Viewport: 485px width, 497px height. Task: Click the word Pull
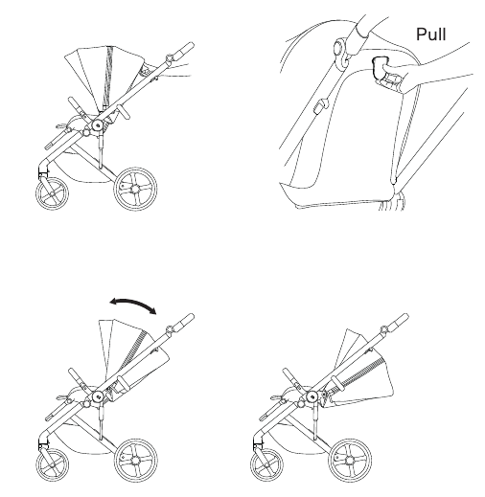click(x=431, y=34)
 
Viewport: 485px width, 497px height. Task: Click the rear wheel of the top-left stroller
click(x=135, y=189)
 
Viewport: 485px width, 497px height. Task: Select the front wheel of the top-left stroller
click(x=52, y=193)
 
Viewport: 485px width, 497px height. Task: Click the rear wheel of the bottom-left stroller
click(x=135, y=461)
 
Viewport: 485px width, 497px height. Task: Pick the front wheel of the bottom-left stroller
click(x=52, y=465)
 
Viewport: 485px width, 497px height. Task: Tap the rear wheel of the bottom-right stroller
click(x=350, y=461)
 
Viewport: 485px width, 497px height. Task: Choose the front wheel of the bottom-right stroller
click(x=266, y=465)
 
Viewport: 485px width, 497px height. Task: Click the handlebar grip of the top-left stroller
click(x=184, y=50)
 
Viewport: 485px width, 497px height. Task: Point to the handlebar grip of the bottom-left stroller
click(x=184, y=322)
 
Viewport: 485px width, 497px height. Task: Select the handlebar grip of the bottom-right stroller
click(x=398, y=322)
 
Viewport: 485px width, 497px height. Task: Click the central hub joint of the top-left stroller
click(x=97, y=125)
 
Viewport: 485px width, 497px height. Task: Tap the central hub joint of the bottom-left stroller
click(x=98, y=397)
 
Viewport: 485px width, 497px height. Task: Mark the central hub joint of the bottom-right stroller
click(x=312, y=397)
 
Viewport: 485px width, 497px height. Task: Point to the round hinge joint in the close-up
click(x=341, y=53)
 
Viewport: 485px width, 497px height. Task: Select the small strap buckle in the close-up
click(x=321, y=107)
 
